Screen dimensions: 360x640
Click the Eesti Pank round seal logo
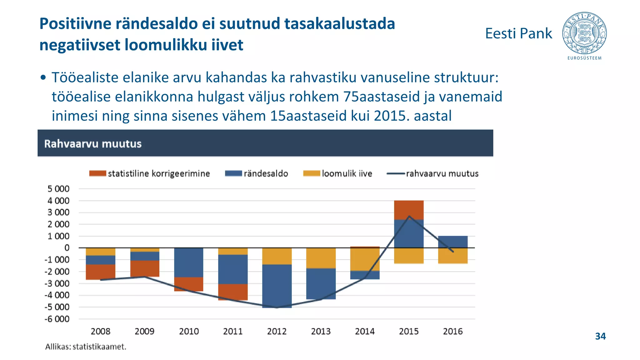pyautogui.click(x=584, y=33)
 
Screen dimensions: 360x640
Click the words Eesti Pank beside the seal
pyautogui.click(x=518, y=33)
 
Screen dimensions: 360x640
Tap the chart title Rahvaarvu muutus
pyautogui.click(x=93, y=144)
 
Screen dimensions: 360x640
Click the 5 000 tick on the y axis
pyautogui.click(x=58, y=189)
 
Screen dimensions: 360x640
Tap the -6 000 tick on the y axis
pyautogui.click(x=57, y=319)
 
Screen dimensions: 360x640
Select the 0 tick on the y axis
pyautogui.click(x=67, y=248)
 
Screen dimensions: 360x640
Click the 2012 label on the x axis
pyautogui.click(x=277, y=331)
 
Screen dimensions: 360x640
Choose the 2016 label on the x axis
pyautogui.click(x=452, y=331)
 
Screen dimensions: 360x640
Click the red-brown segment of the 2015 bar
pyautogui.click(x=409, y=210)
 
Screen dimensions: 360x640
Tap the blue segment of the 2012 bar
pyautogui.click(x=277, y=286)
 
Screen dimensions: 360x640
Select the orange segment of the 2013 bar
pyautogui.click(x=321, y=258)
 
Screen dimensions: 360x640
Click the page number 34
pyautogui.click(x=600, y=336)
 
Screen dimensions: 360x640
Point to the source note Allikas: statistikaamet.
pyautogui.click(x=86, y=347)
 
